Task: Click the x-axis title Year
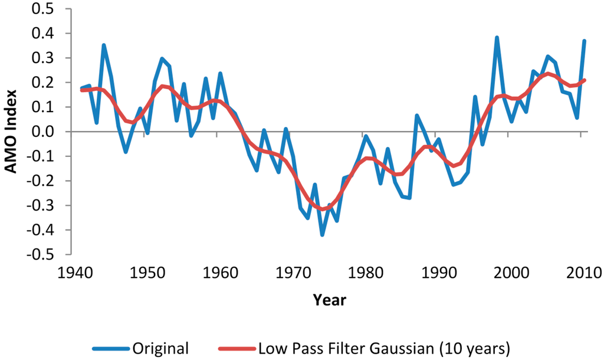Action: [330, 300]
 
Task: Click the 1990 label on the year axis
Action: [435, 272]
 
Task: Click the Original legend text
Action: [161, 348]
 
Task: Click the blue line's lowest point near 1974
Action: [322, 235]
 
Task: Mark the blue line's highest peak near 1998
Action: [497, 38]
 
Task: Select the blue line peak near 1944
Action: [104, 45]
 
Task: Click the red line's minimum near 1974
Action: [323, 209]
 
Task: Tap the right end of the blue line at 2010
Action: [584, 41]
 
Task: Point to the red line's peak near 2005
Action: [547, 74]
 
